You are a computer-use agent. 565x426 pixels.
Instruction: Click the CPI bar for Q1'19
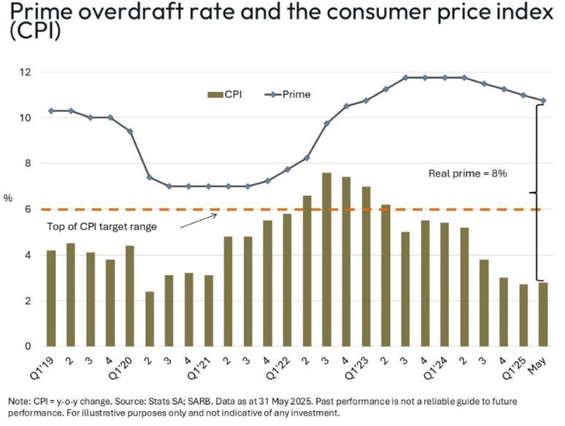(x=51, y=298)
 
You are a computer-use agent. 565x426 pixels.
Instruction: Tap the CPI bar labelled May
(x=543, y=314)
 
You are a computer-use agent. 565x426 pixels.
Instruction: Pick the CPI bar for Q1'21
(x=208, y=311)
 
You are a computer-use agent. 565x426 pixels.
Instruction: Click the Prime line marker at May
(x=543, y=101)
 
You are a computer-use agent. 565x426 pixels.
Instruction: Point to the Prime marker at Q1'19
(x=51, y=111)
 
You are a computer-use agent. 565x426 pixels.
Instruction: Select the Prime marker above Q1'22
(x=287, y=169)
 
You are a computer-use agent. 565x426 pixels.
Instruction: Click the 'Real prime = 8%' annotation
(x=463, y=173)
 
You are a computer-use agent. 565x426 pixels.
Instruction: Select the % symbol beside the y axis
(x=8, y=198)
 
